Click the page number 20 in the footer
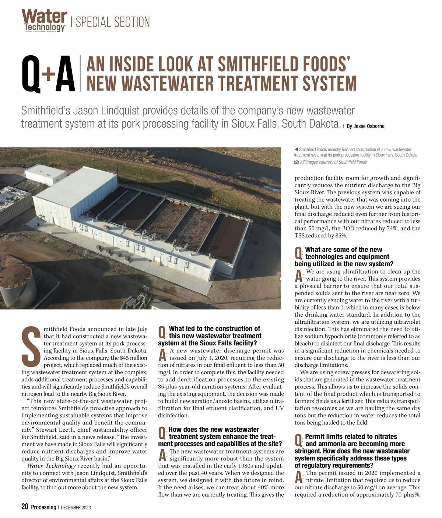[25, 507]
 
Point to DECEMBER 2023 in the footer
[76, 507]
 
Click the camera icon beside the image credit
[297, 162]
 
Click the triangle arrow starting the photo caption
[296, 149]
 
